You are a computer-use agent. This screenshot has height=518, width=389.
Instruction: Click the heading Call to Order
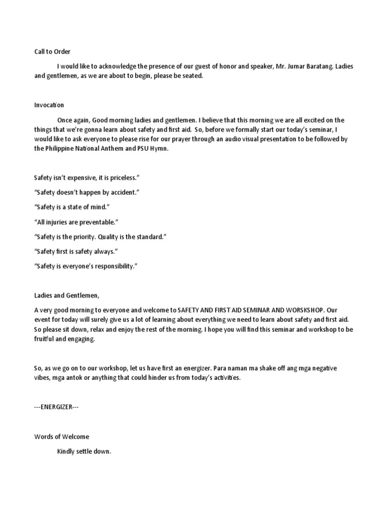[x=53, y=52]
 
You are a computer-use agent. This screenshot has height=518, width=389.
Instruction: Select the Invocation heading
[x=49, y=105]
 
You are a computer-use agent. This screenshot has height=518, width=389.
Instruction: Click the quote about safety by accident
[x=87, y=193]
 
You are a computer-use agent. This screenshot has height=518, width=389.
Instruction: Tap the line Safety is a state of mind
[x=72, y=207]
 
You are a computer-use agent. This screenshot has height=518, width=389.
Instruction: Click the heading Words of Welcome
[x=62, y=437]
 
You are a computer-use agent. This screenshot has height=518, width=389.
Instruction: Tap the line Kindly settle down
[x=84, y=451]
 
